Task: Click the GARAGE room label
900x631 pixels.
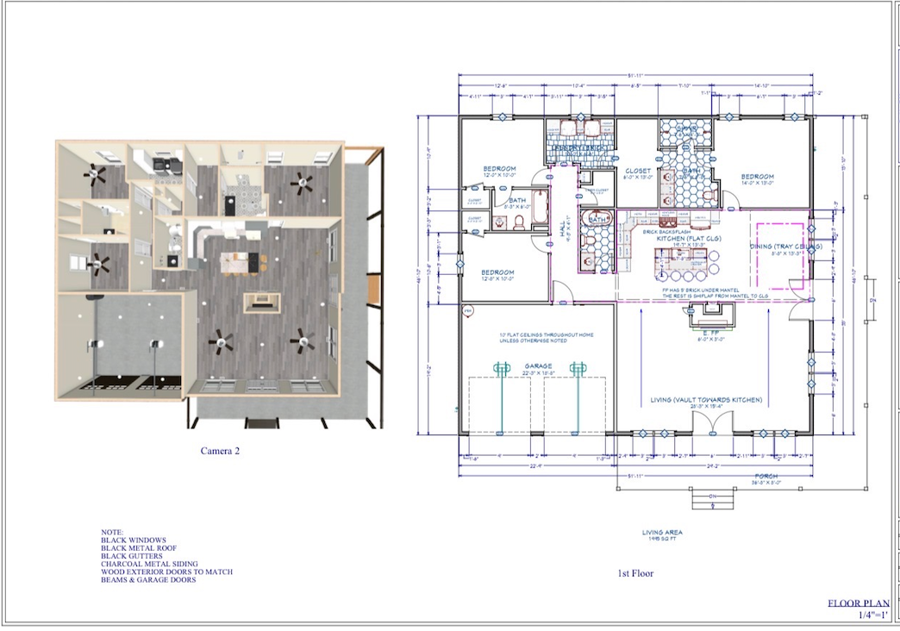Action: click(538, 366)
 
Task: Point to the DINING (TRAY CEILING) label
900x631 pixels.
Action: click(785, 248)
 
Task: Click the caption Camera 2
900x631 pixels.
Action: click(220, 450)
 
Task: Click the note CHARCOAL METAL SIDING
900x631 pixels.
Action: click(149, 564)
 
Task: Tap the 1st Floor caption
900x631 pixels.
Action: click(637, 573)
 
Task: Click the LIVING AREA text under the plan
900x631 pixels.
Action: click(662, 533)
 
